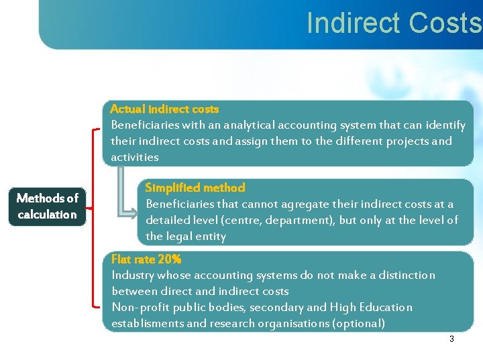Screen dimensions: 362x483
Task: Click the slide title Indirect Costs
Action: (394, 23)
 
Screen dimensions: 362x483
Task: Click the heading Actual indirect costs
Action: (164, 109)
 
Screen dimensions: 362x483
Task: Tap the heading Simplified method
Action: (195, 188)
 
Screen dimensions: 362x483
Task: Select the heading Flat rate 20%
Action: (146, 259)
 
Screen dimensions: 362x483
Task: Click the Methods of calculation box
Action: (48, 206)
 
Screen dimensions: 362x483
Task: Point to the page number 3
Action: (451, 339)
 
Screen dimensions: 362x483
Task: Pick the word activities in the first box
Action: (135, 157)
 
